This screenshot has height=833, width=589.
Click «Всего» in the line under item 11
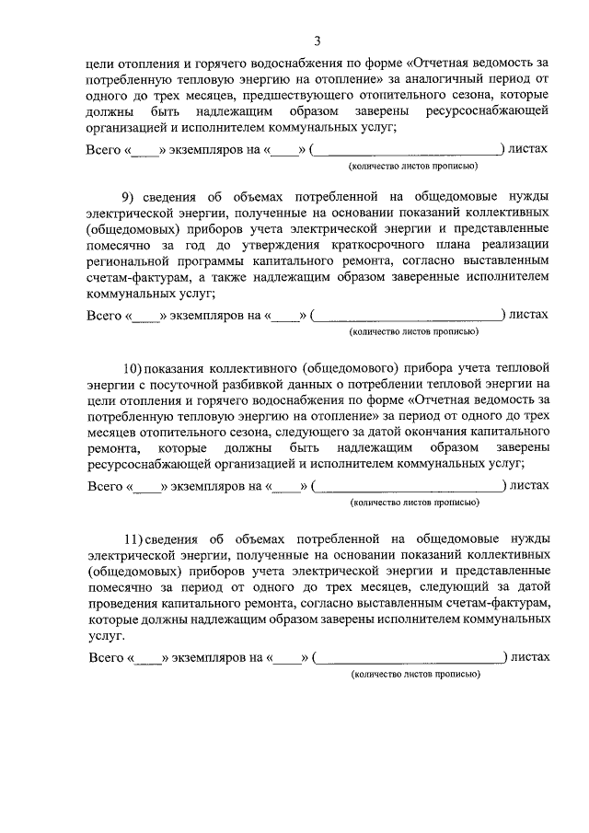107,658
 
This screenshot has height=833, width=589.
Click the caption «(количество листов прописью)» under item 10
414,503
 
